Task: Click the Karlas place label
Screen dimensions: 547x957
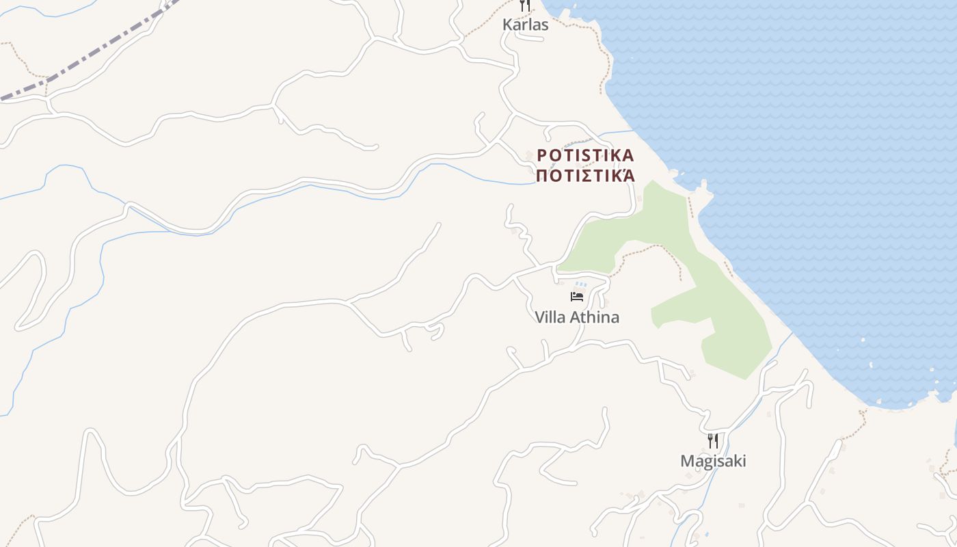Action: click(525, 25)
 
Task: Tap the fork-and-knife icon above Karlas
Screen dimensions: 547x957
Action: click(524, 5)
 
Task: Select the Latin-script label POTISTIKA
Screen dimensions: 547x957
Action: click(585, 155)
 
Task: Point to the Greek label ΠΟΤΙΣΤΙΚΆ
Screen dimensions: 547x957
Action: click(585, 176)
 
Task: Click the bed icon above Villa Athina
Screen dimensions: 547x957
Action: click(577, 297)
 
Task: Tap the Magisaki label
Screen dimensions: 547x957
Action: click(713, 461)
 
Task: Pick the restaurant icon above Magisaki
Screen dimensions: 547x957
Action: click(712, 440)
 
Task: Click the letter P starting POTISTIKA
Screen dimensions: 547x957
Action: click(542, 155)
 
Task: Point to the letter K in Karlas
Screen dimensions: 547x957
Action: click(507, 25)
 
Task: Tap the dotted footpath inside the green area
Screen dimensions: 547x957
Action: click(656, 248)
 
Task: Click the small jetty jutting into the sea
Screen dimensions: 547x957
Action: click(703, 186)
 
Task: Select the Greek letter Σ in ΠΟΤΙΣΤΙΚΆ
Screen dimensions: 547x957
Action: click(580, 176)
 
